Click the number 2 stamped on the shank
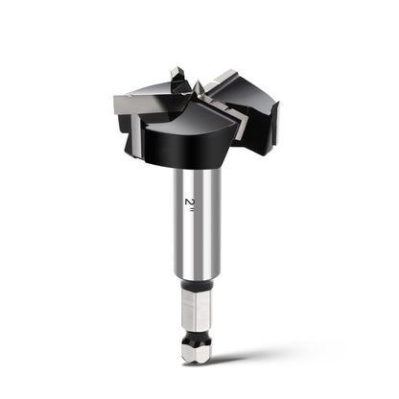click(189, 201)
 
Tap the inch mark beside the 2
click(191, 210)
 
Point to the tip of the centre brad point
click(198, 81)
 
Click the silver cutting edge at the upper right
click(220, 79)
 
